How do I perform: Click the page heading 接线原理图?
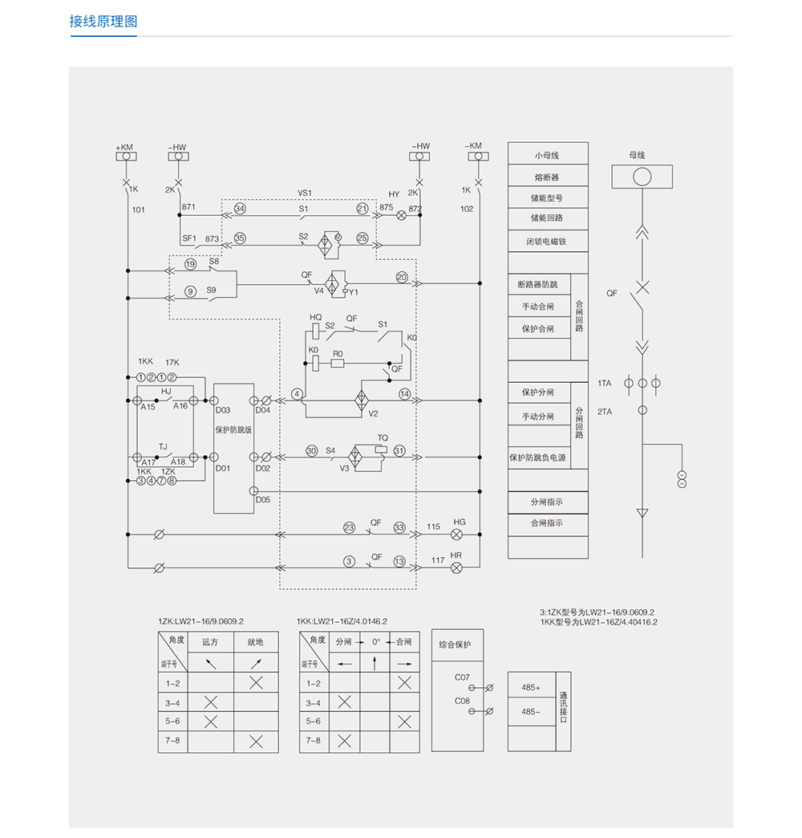click(x=103, y=22)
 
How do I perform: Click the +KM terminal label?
click(x=124, y=147)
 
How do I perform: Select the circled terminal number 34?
click(x=239, y=208)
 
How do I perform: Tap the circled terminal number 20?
click(x=402, y=277)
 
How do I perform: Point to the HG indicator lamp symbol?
click(x=458, y=534)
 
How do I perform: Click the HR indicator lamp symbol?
click(x=456, y=567)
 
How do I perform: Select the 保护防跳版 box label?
click(x=233, y=429)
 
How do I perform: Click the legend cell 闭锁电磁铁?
click(x=547, y=241)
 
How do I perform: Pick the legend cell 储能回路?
click(x=547, y=218)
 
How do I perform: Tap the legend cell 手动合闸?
click(x=538, y=306)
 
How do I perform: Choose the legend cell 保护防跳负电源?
click(x=538, y=458)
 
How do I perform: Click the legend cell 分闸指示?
click(x=547, y=502)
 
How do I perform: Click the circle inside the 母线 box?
click(x=642, y=176)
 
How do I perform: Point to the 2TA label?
click(x=604, y=411)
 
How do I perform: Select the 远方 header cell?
click(x=210, y=642)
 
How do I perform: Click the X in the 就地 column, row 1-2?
click(x=256, y=683)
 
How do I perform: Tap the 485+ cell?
click(x=531, y=688)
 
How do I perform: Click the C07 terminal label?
click(x=462, y=677)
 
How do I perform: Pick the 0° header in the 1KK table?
click(x=375, y=641)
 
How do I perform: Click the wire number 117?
click(x=438, y=560)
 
